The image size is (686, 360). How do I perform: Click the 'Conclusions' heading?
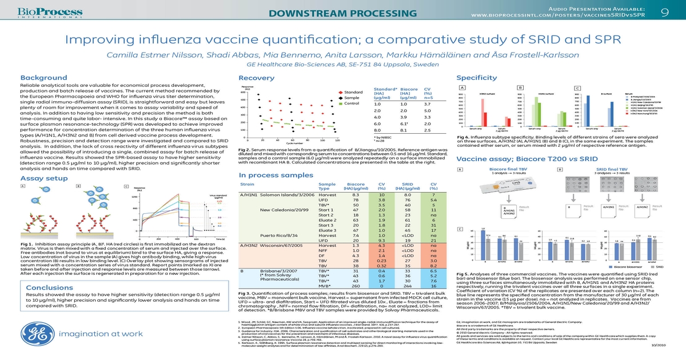tap(45, 287)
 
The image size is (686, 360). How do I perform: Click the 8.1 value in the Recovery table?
tap(405, 130)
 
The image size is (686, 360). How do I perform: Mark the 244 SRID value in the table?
tap(408, 285)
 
